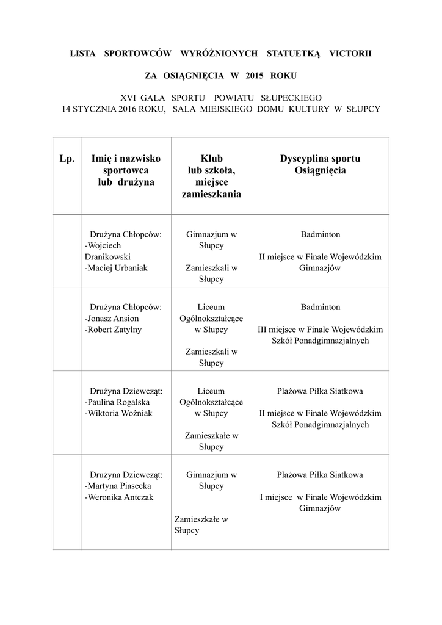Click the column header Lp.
pyautogui.click(x=67, y=159)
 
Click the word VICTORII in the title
pyautogui.click(x=350, y=54)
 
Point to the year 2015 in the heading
pyautogui.click(x=255, y=77)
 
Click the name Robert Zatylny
pyautogui.click(x=115, y=330)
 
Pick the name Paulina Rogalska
pyautogui.click(x=119, y=402)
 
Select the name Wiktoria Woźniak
pyautogui.click(x=120, y=413)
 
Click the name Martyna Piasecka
pyautogui.click(x=119, y=486)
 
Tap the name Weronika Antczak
pyautogui.click(x=120, y=497)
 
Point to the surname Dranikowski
pyautogui.click(x=107, y=257)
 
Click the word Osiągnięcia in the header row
pyautogui.click(x=320, y=171)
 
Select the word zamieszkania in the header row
pyautogui.click(x=211, y=195)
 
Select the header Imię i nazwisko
pyautogui.click(x=126, y=159)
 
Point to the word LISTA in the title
pyautogui.click(x=83, y=54)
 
